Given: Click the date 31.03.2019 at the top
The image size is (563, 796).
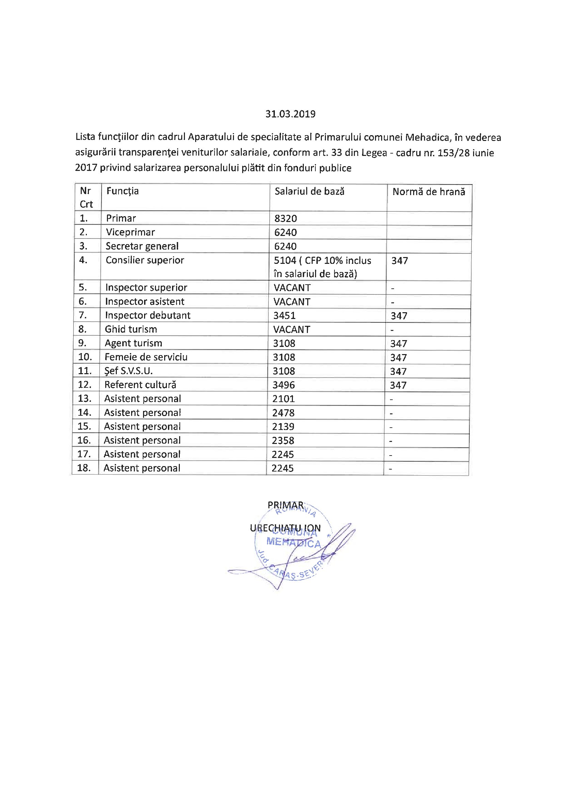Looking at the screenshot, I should (290, 114).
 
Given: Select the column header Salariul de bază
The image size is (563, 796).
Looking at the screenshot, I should (309, 191).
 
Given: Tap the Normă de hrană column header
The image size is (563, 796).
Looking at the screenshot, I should (429, 192).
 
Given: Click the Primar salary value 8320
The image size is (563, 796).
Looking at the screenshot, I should (285, 219).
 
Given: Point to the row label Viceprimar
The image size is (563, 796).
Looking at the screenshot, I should (130, 232).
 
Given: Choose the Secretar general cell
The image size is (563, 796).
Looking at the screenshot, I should (142, 246).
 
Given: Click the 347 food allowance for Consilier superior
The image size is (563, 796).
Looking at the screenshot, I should (400, 261).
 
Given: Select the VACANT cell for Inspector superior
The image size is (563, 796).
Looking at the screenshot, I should (292, 288).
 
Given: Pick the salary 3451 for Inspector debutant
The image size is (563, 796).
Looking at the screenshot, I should (284, 316).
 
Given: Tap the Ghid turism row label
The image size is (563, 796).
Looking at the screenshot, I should (131, 329).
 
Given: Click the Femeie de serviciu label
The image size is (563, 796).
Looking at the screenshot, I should (146, 357).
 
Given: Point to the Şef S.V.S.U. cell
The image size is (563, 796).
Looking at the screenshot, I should (128, 371).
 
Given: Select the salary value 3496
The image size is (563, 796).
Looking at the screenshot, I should (283, 385).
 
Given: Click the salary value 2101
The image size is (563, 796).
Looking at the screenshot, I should (283, 399).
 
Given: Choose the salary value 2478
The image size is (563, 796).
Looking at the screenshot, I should (283, 413).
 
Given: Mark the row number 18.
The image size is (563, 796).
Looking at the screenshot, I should (84, 468).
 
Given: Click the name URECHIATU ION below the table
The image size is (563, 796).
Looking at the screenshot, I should (285, 528).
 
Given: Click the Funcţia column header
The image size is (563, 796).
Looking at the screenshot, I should (123, 191).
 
